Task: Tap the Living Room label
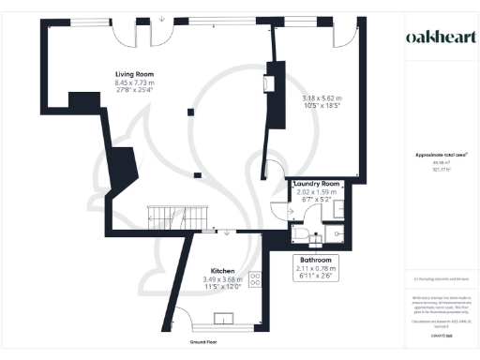point(134,74)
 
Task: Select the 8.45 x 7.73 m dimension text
point(134,82)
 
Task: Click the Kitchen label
point(221,268)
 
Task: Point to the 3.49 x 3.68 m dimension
point(221,277)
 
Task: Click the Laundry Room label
point(315,184)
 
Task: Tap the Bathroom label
point(315,259)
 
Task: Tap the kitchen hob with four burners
point(254,277)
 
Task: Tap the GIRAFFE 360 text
point(435,336)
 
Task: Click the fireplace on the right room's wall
point(269,84)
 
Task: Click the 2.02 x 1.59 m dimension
point(315,192)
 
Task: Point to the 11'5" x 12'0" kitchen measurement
point(221,286)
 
